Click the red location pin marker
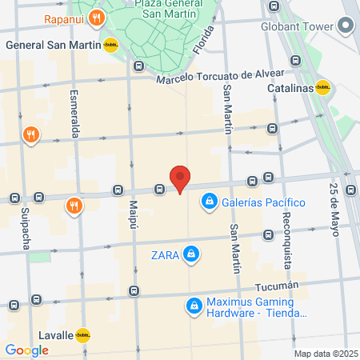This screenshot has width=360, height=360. [x=180, y=178]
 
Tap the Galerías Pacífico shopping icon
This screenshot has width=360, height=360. [x=209, y=201]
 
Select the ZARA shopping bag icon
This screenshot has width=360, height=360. [x=190, y=255]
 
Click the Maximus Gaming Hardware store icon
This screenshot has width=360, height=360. [x=194, y=306]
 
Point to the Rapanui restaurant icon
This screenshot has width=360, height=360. [x=96, y=18]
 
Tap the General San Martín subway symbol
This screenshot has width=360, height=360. [x=110, y=46]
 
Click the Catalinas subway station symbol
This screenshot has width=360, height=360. [x=323, y=88]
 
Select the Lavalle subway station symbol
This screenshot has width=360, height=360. [x=82, y=336]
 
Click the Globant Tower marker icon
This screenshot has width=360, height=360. [x=346, y=25]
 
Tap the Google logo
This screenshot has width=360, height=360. [x=26, y=350]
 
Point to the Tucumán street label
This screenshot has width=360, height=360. [x=277, y=286]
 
